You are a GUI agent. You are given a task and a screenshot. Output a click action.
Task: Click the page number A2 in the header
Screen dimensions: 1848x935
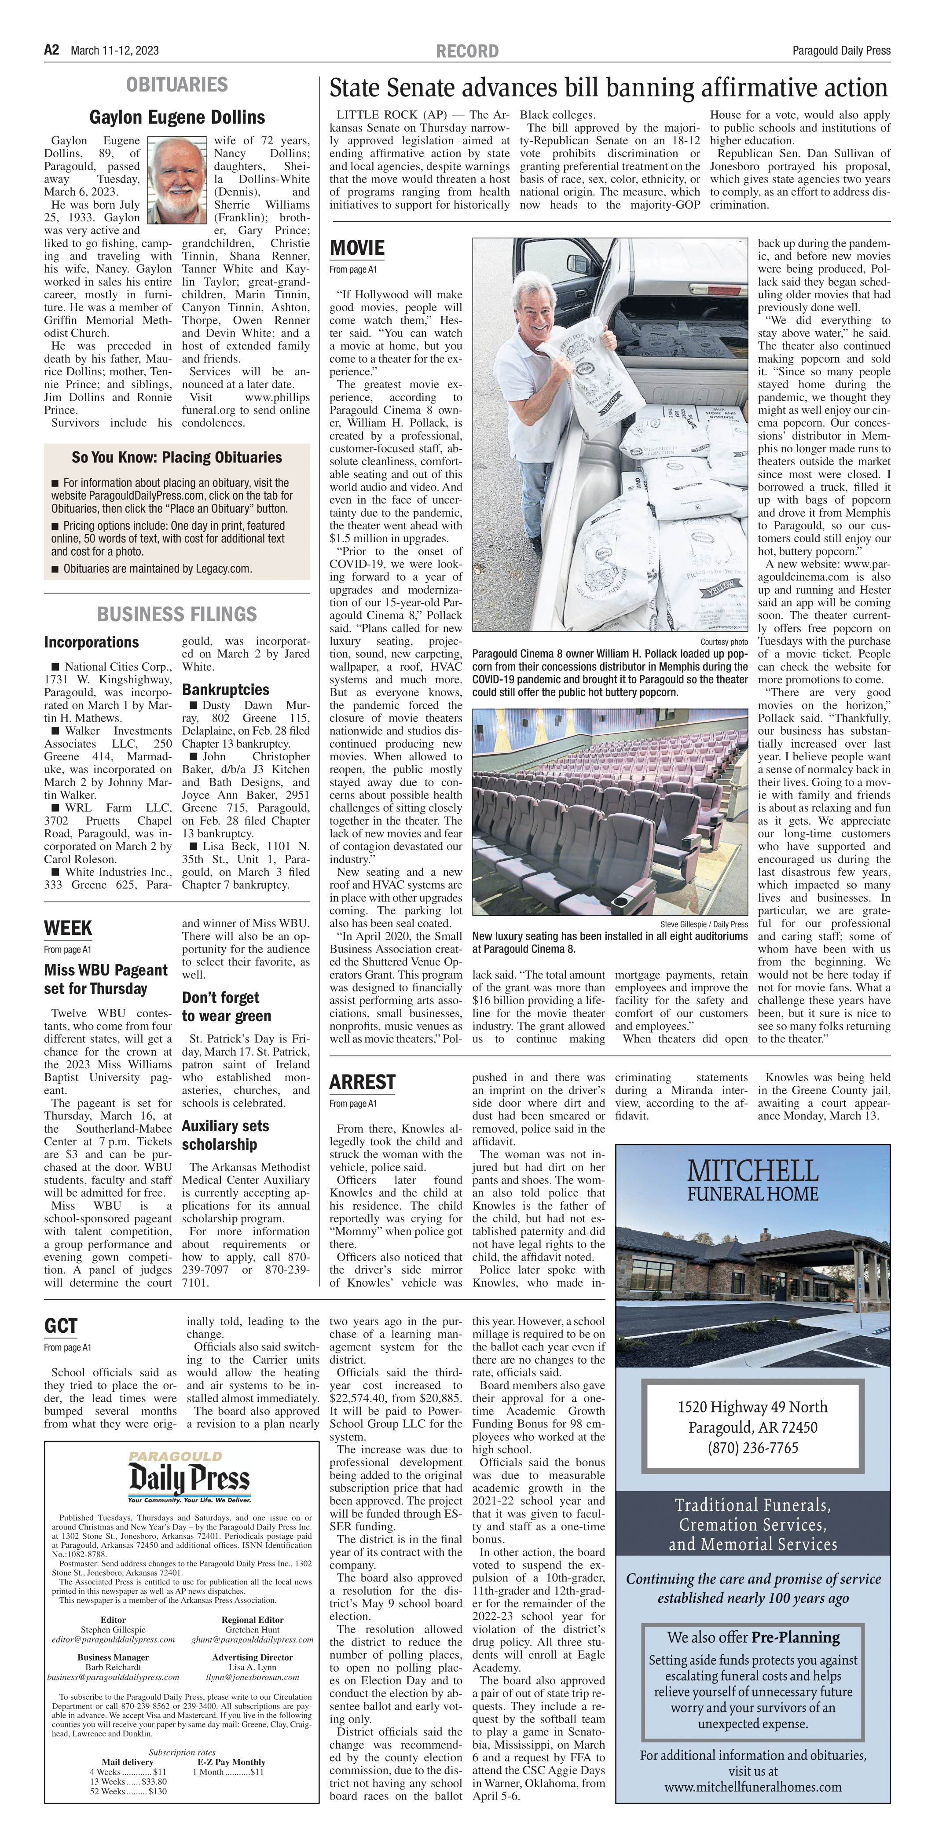[x=51, y=49]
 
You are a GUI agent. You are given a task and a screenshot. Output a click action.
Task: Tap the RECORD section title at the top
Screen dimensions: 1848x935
[x=467, y=51]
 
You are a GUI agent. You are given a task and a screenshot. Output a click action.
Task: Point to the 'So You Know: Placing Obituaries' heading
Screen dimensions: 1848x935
[x=176, y=457]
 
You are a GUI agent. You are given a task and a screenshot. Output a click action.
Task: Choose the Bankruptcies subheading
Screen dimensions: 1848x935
[x=225, y=689]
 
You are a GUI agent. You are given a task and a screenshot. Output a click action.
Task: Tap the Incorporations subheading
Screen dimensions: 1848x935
[x=91, y=642]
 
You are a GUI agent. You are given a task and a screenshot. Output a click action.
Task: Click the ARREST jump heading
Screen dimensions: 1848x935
[x=363, y=1082]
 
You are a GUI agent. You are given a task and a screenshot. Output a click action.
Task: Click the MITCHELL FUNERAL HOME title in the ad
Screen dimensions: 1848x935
[x=753, y=1181]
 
